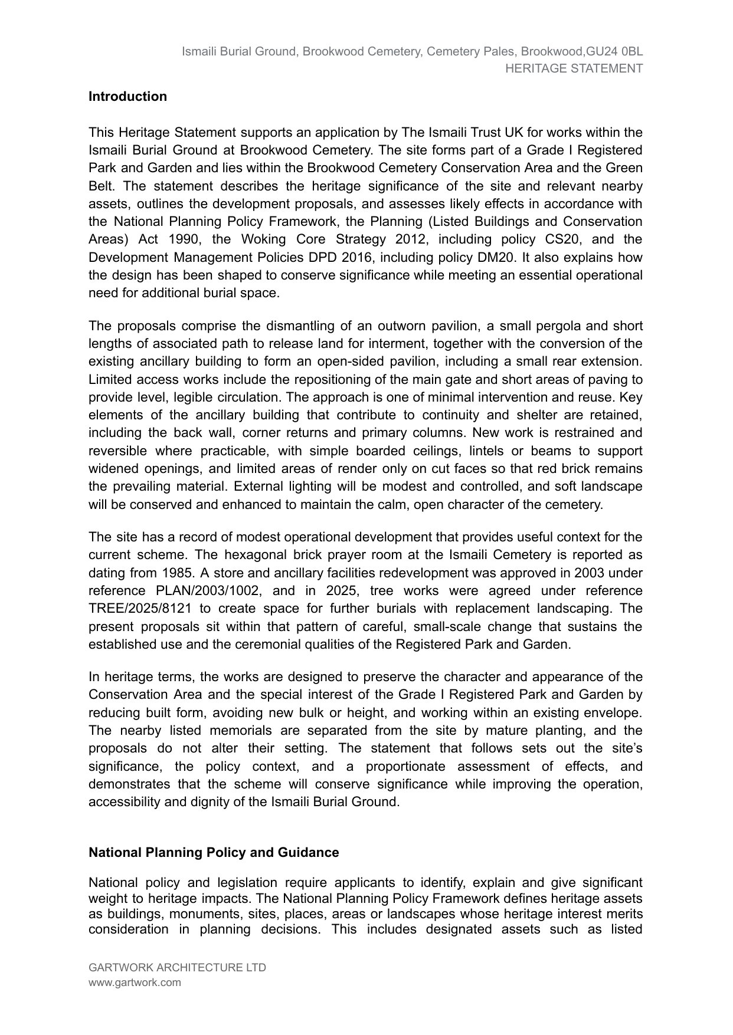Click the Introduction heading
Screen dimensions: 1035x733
point(127,97)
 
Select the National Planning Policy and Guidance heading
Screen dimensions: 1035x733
point(214,853)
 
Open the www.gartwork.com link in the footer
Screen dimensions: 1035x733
point(135,983)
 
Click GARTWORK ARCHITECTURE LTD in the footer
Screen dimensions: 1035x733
point(177,968)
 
